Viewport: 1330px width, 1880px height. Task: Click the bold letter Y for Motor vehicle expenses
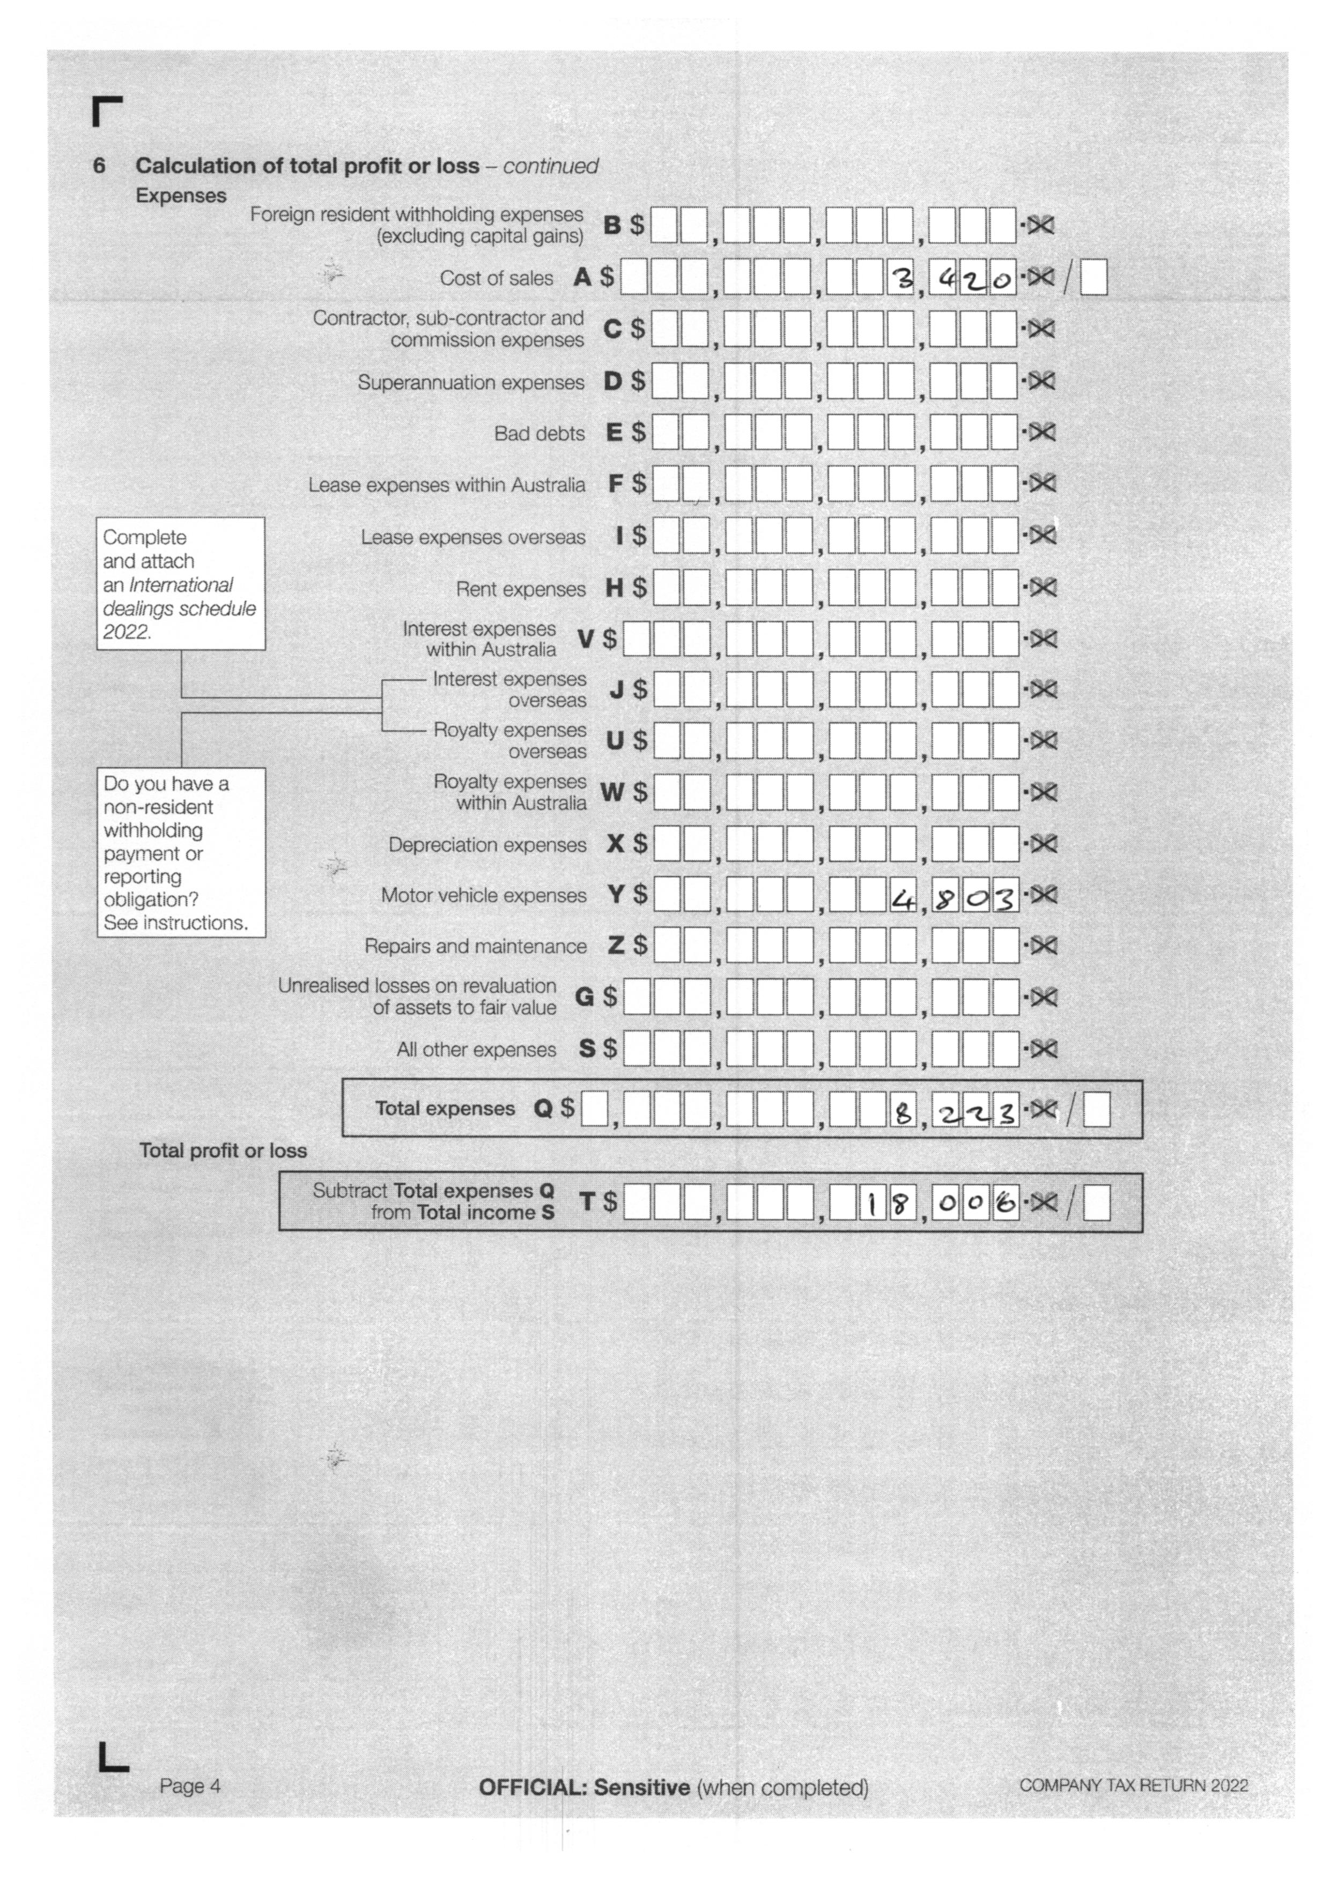616,895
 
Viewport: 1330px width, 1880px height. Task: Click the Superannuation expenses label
471,382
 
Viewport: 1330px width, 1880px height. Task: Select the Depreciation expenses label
487,844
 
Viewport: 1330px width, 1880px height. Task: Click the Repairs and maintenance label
475,947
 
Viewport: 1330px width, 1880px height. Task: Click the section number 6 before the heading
99,166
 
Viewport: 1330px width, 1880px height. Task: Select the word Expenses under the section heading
181,196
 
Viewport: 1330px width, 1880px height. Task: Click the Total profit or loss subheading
223,1150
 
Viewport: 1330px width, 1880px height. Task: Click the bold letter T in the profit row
586,1201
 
